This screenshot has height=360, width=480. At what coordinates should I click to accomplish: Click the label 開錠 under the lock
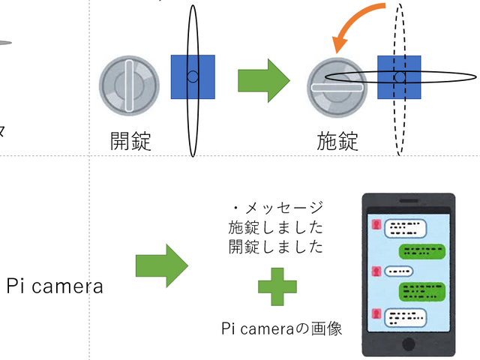tap(130, 140)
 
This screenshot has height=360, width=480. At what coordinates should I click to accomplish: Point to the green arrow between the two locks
tap(263, 77)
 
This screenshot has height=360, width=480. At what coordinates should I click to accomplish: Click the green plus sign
tap(277, 287)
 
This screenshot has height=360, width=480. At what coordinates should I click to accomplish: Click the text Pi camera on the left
tap(55, 286)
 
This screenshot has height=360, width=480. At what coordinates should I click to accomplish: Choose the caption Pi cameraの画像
tap(282, 328)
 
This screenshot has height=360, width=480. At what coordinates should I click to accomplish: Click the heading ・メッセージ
tap(277, 208)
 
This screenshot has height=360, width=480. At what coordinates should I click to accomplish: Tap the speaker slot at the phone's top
tap(409, 202)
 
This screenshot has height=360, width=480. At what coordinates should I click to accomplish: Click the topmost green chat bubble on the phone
tap(424, 250)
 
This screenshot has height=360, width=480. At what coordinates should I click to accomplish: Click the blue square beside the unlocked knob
tap(193, 77)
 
